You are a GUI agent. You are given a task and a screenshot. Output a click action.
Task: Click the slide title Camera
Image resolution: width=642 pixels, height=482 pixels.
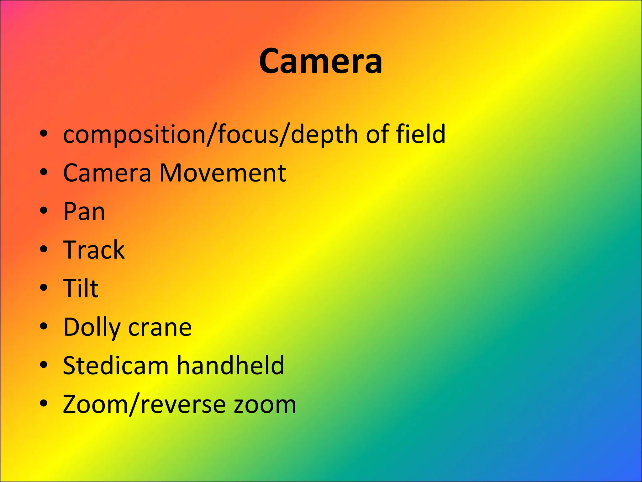click(320, 61)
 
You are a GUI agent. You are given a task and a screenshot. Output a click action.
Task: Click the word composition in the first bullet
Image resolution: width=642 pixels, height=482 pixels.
click(134, 134)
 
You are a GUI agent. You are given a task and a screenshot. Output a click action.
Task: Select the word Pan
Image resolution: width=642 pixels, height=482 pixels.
click(84, 212)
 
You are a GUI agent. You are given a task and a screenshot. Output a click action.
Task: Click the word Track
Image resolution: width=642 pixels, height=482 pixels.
click(94, 250)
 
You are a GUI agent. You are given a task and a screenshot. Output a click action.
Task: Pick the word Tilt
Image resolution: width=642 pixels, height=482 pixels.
click(81, 288)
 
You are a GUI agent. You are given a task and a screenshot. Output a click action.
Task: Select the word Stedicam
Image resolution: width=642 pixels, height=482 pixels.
click(116, 366)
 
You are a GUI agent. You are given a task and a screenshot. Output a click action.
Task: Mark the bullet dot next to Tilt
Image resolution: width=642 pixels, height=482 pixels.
click(44, 287)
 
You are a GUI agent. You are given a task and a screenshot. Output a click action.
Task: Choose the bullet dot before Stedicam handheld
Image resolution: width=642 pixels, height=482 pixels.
click(44, 365)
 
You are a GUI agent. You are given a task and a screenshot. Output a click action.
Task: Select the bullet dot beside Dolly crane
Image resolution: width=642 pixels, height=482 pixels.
click(44, 326)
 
